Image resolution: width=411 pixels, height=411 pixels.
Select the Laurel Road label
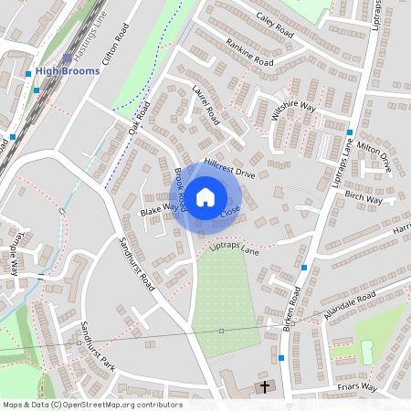click(205, 104)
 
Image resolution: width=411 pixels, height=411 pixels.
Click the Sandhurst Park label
click(93, 343)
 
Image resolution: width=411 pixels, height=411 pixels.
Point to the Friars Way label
click(356, 387)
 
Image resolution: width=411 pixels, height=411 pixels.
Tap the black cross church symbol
click(266, 386)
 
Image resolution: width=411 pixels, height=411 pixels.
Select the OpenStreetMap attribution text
click(91, 405)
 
